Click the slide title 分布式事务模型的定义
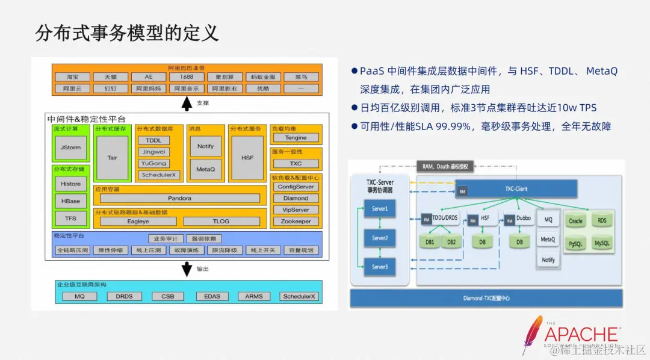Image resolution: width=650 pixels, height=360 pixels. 127,33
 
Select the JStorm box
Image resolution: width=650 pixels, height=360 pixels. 70,147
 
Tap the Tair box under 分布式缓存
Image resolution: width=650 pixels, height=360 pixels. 112,158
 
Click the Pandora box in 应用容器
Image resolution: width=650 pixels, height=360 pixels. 179,198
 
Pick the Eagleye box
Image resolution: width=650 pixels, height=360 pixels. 138,221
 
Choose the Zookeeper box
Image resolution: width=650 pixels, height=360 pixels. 296,221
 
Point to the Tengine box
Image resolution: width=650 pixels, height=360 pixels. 296,138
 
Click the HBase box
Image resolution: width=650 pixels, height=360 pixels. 70,200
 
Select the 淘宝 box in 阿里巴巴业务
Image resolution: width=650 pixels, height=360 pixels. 72,77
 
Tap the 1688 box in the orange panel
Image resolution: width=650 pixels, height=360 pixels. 187,77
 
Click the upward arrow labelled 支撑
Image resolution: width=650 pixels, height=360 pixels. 187,104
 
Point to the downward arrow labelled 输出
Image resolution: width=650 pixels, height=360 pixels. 187,269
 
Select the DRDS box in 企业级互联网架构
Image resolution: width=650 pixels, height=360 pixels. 124,296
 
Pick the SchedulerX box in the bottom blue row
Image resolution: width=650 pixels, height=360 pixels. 299,296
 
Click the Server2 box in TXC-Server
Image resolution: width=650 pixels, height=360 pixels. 379,238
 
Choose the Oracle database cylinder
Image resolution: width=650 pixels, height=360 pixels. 575,220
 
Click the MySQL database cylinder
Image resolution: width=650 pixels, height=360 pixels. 602,244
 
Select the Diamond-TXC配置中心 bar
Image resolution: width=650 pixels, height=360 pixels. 486,297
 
